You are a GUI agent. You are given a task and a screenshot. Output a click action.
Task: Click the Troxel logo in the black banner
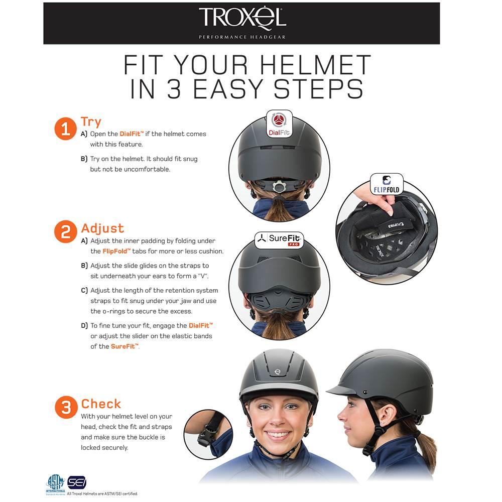(242, 19)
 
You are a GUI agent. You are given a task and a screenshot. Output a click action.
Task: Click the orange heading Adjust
(102, 228)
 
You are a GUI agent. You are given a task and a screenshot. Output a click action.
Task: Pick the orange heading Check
(101, 404)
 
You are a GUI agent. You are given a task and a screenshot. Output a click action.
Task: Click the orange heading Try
(91, 122)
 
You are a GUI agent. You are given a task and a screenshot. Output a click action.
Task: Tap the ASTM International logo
(55, 483)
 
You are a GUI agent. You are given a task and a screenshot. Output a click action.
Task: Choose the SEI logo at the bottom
(77, 482)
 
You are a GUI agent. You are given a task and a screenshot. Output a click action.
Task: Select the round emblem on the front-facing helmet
(278, 372)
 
